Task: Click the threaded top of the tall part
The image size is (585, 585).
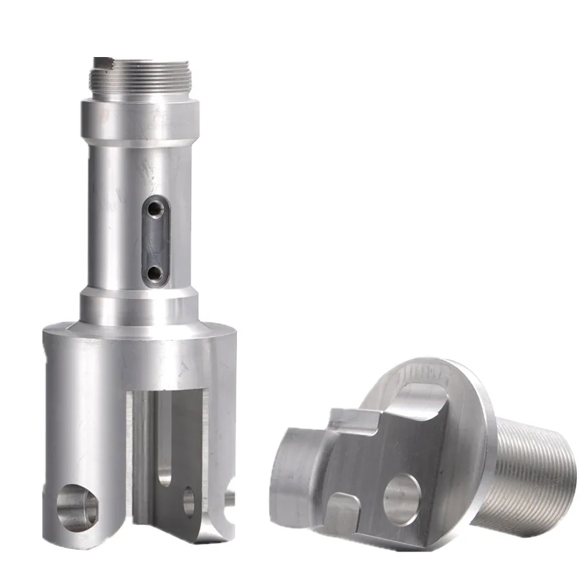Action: pos(140,77)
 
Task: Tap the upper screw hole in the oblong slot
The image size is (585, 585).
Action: pos(154,210)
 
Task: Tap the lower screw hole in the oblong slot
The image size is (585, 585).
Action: pos(154,273)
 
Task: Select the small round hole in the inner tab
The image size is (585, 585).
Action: pos(189,501)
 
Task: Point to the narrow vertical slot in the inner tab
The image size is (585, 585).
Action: pos(165,439)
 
